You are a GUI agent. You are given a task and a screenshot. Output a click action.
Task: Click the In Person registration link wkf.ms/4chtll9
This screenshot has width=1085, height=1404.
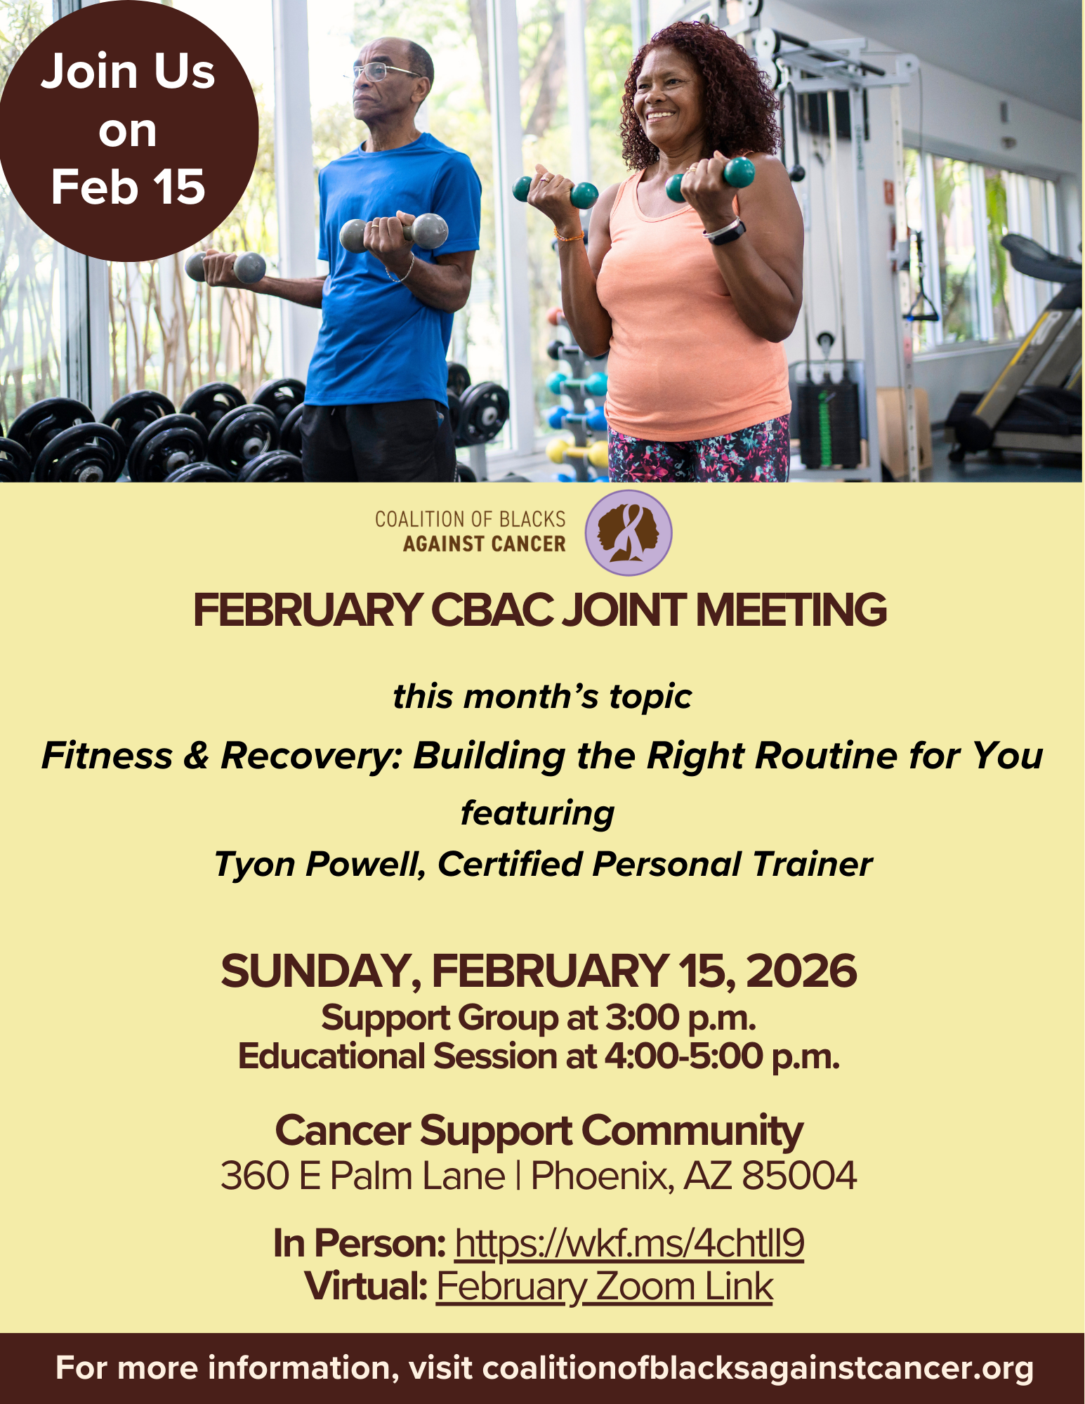click(629, 1243)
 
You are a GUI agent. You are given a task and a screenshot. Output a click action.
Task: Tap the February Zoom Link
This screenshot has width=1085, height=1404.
click(604, 1287)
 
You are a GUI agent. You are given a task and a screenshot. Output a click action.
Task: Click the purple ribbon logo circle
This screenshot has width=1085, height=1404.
click(629, 533)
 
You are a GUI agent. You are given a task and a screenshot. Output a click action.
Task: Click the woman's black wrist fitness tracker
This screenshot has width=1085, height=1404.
click(725, 231)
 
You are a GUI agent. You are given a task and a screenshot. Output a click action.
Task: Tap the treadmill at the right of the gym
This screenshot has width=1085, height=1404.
click(1025, 365)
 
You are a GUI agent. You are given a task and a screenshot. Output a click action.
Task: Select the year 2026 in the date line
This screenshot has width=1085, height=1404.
click(801, 971)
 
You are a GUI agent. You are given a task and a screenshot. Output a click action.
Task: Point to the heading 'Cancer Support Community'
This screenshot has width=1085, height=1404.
click(539, 1131)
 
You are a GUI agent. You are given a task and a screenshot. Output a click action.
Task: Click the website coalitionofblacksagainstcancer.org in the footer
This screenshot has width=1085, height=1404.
click(758, 1368)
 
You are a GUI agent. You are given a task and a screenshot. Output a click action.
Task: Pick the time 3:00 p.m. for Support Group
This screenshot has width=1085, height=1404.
click(680, 1018)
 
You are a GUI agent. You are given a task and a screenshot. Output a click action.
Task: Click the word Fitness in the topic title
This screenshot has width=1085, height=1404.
click(107, 756)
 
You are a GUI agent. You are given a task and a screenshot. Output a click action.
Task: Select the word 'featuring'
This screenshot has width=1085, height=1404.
click(537, 813)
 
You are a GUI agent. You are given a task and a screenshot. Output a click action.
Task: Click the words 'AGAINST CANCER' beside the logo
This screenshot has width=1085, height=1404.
click(484, 544)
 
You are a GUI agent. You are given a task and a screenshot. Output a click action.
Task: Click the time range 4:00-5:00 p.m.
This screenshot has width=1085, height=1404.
click(722, 1056)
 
